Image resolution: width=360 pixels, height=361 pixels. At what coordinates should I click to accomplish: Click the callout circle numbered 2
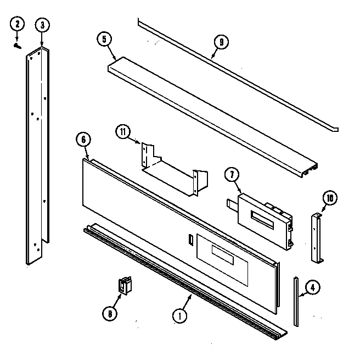point(18,24)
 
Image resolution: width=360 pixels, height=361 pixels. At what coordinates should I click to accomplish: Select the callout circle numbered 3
point(42,24)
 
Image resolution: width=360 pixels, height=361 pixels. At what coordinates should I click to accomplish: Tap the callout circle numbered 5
point(103,40)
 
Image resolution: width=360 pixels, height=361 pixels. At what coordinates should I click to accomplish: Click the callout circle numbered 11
point(123,131)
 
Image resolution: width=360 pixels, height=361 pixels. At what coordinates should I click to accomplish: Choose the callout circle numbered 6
point(83,140)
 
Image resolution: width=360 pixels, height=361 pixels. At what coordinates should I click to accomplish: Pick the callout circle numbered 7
point(232,175)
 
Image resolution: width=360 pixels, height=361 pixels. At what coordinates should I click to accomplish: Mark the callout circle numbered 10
point(330,198)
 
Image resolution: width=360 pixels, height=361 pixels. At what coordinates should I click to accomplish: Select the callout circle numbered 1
point(178,316)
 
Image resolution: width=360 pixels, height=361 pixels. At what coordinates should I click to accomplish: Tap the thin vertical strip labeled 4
point(296,302)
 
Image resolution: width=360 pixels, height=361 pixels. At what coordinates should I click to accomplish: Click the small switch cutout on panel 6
point(190,240)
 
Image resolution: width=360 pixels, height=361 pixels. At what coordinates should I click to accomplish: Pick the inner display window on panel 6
point(222,253)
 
